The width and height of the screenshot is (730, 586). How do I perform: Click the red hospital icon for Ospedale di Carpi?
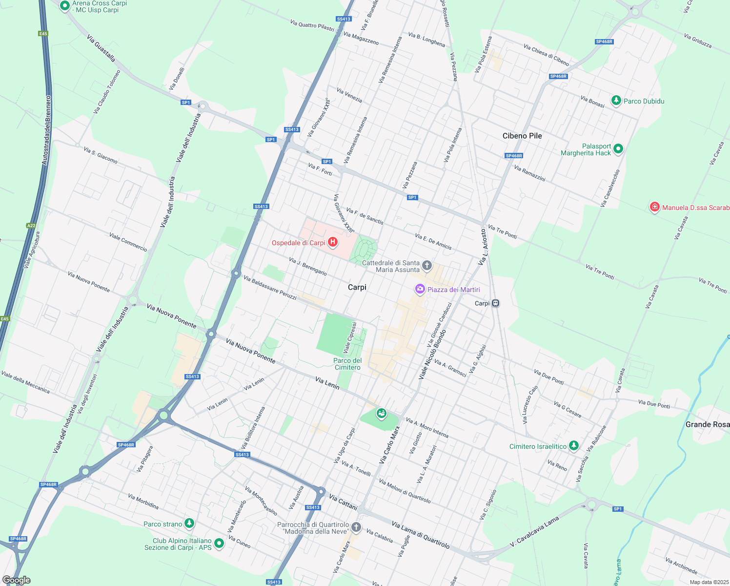[x=333, y=242]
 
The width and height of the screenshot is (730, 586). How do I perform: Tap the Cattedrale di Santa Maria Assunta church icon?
[x=427, y=266]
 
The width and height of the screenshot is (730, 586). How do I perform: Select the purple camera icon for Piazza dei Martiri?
[x=420, y=289]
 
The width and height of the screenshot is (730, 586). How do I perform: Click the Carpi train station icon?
[x=495, y=303]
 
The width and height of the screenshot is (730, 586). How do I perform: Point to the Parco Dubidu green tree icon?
[x=616, y=101]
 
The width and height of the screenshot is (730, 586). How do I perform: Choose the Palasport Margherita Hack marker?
[x=618, y=149]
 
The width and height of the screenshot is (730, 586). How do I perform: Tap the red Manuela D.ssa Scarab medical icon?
[x=655, y=207]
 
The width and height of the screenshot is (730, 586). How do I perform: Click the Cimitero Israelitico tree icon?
[x=574, y=445]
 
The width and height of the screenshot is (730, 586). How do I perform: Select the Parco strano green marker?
[x=189, y=523]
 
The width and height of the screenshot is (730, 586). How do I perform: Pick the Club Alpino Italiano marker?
[x=219, y=543]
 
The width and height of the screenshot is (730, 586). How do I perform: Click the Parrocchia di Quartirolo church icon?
[x=356, y=527]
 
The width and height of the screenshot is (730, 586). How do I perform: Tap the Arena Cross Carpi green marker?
[x=65, y=6]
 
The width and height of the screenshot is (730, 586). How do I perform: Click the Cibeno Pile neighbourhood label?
[x=522, y=136]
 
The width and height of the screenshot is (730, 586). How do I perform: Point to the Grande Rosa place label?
[x=707, y=424]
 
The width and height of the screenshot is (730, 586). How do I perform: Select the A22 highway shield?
[x=31, y=226]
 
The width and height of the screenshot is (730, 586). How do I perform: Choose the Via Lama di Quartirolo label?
[x=420, y=535]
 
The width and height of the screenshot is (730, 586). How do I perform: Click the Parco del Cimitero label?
[x=347, y=364]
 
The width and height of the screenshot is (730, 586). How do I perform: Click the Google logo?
[x=17, y=580]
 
